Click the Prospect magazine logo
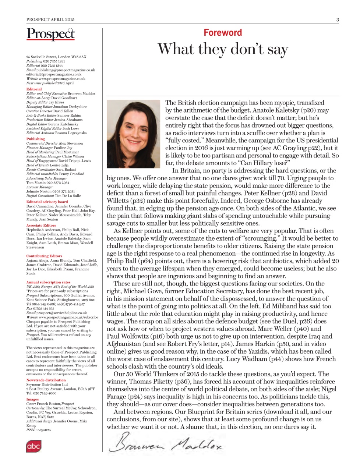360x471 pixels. click(x=50, y=34)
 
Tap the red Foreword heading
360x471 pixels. click(x=223, y=33)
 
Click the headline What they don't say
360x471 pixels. click(x=223, y=49)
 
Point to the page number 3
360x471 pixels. click(x=337, y=20)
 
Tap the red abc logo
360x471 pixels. click(x=33, y=446)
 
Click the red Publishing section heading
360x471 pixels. click(x=35, y=139)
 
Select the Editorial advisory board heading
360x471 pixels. click(x=47, y=202)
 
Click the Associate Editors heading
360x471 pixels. click(x=41, y=225)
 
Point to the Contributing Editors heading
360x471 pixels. click(x=44, y=256)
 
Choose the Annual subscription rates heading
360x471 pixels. click(x=48, y=282)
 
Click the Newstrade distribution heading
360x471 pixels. click(x=46, y=380)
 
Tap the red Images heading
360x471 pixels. click(x=32, y=399)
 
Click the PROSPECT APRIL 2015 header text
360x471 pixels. click(x=50, y=20)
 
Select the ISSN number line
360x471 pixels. click(x=38, y=430)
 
